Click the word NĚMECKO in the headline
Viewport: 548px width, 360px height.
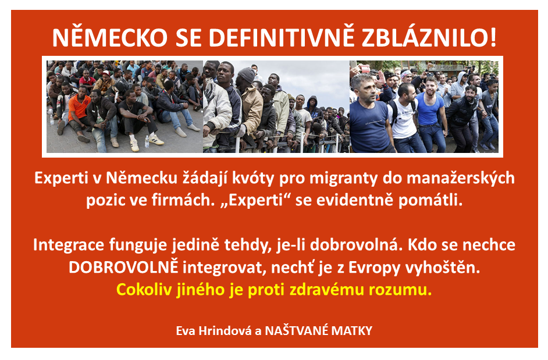110,37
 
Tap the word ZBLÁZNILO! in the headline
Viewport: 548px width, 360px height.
429,37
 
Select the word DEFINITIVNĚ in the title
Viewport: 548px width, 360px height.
282,37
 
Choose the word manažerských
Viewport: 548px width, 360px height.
461,178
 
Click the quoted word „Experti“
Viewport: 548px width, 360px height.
256,200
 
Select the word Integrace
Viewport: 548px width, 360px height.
69,245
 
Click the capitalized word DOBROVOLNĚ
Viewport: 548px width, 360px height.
123,267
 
